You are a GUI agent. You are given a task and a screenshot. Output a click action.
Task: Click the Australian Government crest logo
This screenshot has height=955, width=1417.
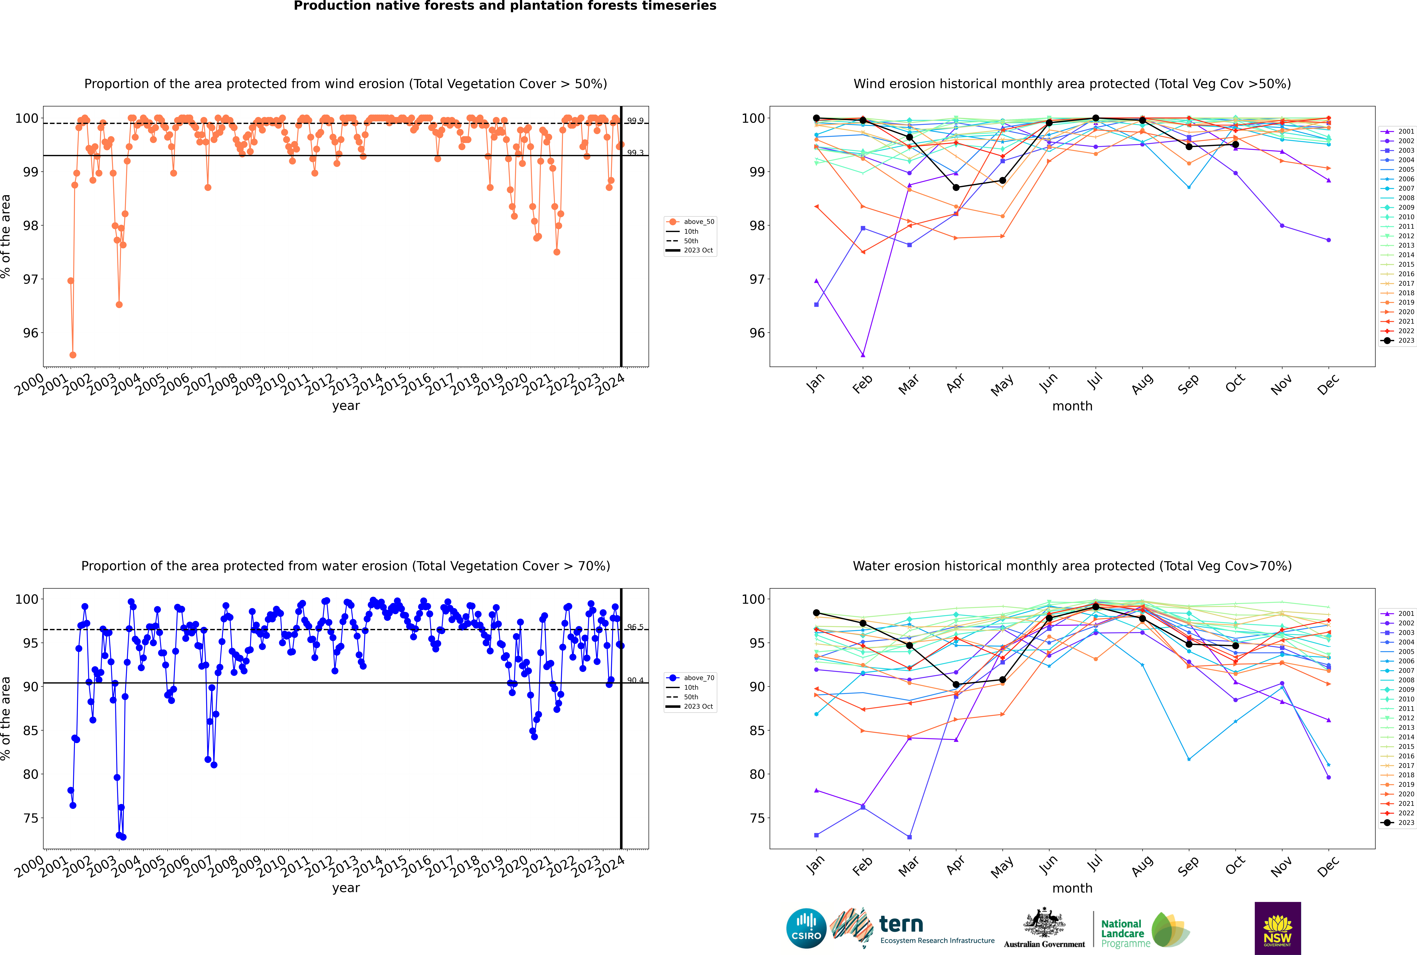(1044, 928)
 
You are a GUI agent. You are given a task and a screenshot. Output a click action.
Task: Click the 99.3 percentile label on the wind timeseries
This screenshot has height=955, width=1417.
(635, 153)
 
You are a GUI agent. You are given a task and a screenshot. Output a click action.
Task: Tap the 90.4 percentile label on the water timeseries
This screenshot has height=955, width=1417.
(635, 680)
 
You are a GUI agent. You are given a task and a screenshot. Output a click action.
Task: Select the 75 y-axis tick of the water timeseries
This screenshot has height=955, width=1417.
(30, 818)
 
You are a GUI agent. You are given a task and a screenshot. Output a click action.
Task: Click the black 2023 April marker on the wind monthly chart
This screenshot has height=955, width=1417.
(956, 188)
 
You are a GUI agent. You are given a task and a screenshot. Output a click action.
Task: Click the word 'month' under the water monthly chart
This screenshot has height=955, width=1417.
(1072, 888)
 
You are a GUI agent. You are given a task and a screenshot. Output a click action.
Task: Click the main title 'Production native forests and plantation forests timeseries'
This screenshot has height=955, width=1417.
(505, 6)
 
